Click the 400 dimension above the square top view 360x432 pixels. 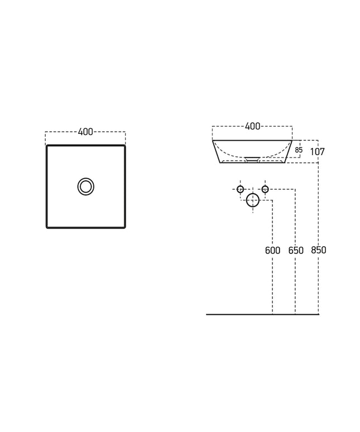coord(85,132)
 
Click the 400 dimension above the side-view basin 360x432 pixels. coord(253,126)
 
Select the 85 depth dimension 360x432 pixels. coord(299,150)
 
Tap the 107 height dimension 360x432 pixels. coord(318,151)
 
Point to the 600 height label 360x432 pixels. coord(272,251)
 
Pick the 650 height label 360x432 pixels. coord(296,251)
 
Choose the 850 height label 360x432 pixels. coord(318,250)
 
